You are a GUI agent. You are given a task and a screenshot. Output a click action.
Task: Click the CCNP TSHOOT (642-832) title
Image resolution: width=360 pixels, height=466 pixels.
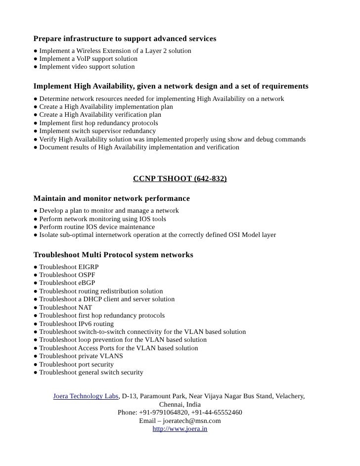pos(180,179)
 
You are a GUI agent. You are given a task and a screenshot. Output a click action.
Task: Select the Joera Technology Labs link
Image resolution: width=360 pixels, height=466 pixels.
pos(86,396)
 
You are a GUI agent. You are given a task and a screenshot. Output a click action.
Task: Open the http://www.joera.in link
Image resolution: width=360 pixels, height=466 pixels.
pos(180,429)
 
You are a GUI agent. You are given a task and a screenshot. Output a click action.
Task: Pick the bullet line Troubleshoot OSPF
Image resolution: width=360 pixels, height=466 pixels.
pos(65,275)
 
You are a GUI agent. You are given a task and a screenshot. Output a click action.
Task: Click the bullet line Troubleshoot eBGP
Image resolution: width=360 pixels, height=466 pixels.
pos(65,283)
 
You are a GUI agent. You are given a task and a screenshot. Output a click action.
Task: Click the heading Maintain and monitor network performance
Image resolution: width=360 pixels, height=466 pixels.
pos(111,198)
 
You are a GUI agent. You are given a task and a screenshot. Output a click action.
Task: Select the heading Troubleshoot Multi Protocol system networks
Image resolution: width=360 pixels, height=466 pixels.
pos(113,255)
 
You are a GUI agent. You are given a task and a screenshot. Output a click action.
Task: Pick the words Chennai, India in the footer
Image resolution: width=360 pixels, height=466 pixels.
pos(180,405)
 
